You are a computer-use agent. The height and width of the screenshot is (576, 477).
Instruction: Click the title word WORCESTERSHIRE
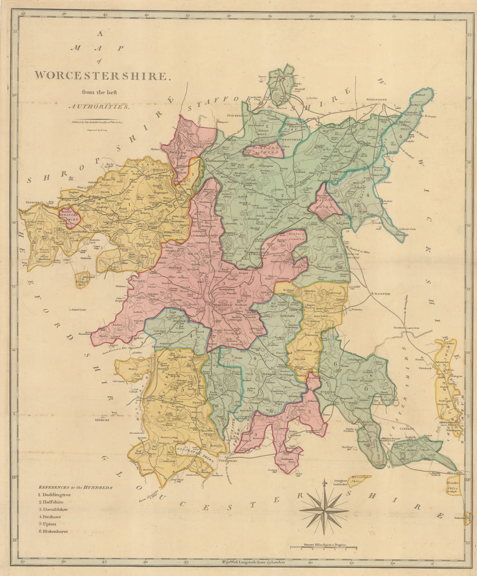pyautogui.click(x=101, y=76)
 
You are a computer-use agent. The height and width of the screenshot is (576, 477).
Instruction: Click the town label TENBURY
pyautogui.click(x=32, y=203)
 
